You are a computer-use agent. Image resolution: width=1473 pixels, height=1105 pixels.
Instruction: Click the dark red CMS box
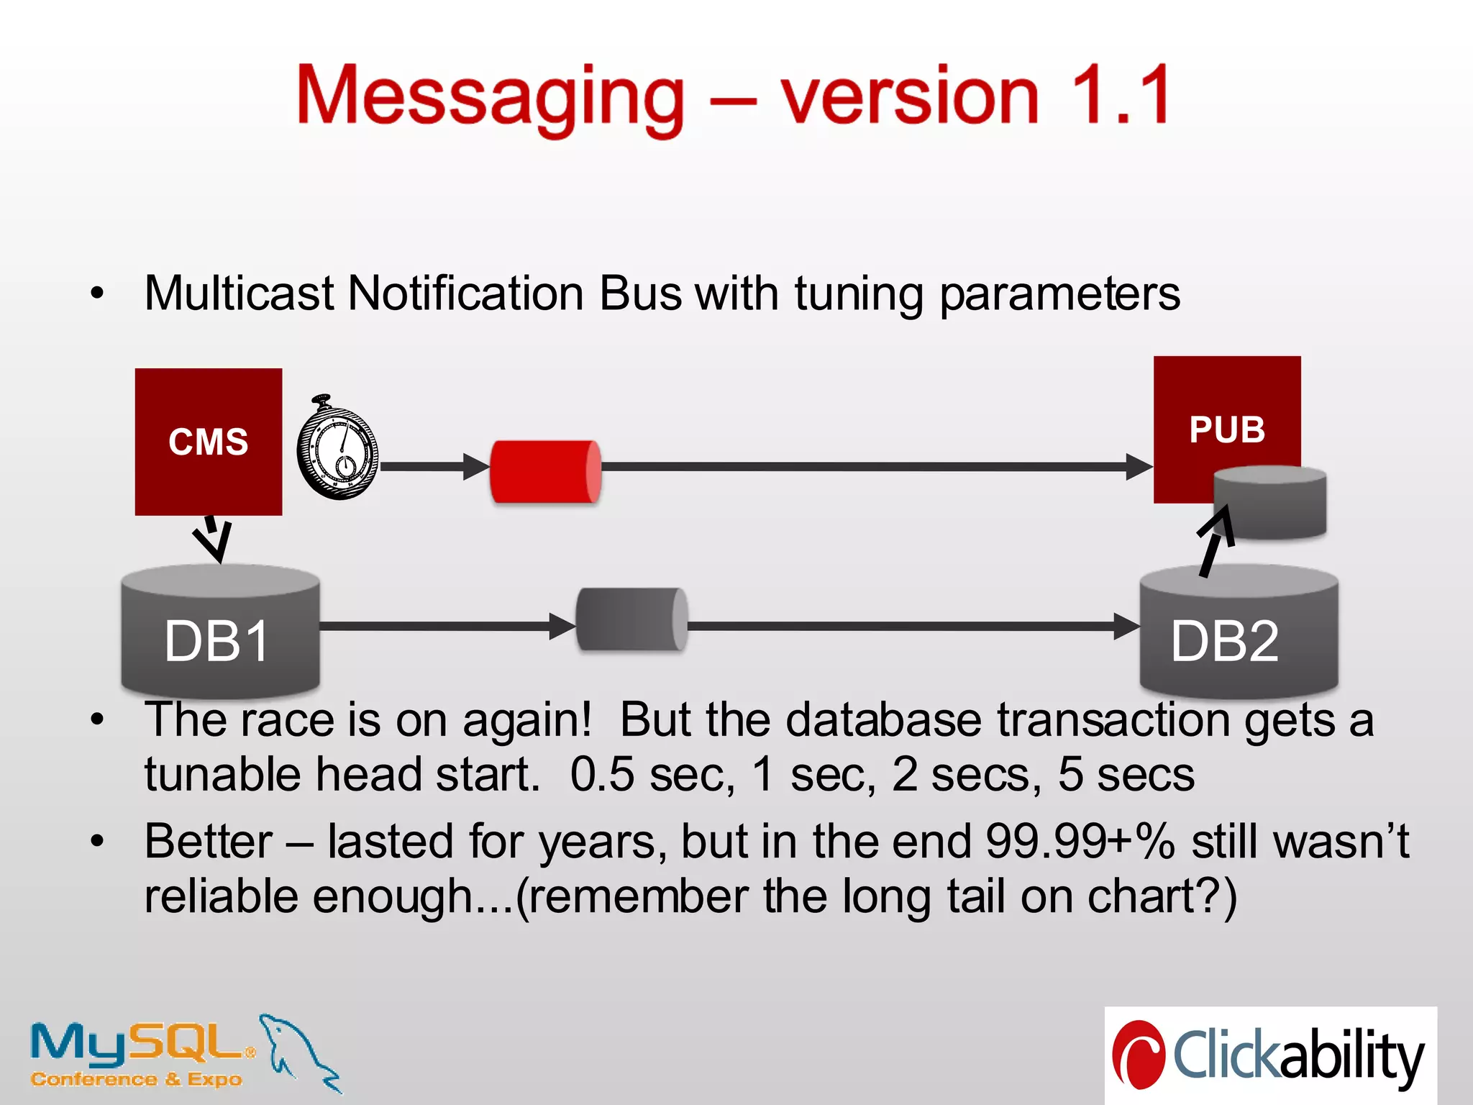click(x=208, y=441)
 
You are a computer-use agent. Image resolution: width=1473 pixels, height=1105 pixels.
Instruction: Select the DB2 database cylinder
click(x=1238, y=633)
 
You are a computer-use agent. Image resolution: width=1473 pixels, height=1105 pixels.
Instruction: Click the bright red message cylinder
click(x=545, y=472)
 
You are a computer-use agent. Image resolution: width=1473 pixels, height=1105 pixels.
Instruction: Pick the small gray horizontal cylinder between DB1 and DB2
click(x=631, y=619)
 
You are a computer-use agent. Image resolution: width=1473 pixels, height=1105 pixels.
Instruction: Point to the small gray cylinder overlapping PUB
click(x=1270, y=502)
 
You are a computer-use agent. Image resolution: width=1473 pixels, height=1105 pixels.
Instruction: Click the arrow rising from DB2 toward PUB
click(x=1215, y=541)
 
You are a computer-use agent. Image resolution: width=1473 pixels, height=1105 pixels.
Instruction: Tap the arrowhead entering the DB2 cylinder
click(x=1126, y=626)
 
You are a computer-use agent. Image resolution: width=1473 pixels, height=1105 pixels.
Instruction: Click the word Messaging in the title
click(x=491, y=96)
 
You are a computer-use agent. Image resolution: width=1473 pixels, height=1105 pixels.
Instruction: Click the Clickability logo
click(x=1270, y=1055)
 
